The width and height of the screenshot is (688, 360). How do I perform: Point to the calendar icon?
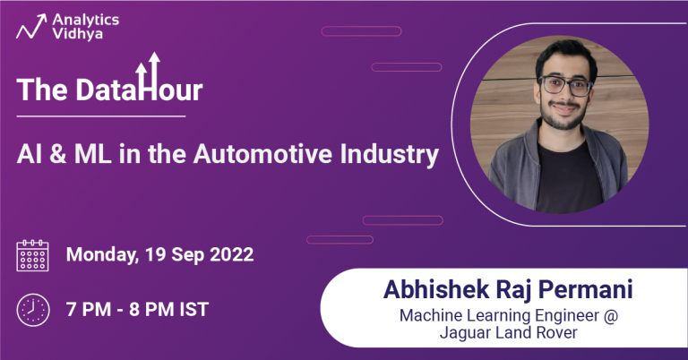pyautogui.click(x=33, y=255)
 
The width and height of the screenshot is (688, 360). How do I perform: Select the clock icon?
pyautogui.click(x=33, y=310)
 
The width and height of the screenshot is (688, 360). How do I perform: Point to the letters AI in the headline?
pyautogui.click(x=28, y=154)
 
